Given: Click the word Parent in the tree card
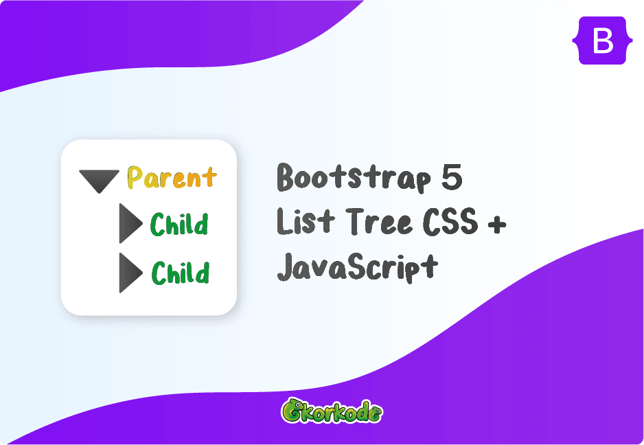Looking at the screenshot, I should pyautogui.click(x=172, y=179).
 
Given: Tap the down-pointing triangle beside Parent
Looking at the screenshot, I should pyautogui.click(x=100, y=181).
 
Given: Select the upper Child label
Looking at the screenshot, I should pyautogui.click(x=180, y=225).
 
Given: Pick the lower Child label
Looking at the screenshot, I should pyautogui.click(x=180, y=273).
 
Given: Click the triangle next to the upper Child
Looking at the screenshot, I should pyautogui.click(x=129, y=223).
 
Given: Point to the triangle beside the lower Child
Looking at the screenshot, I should pyautogui.click(x=129, y=273).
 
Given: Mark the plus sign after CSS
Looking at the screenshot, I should pyautogui.click(x=497, y=223).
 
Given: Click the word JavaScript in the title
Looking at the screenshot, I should pyautogui.click(x=357, y=266).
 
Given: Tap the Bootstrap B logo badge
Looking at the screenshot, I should pyautogui.click(x=602, y=41).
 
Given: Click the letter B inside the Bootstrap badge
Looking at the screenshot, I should pyautogui.click(x=602, y=41).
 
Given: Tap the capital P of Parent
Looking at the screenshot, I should pyautogui.click(x=136, y=179).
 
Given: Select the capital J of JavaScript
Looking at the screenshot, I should pyautogui.click(x=286, y=265).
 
